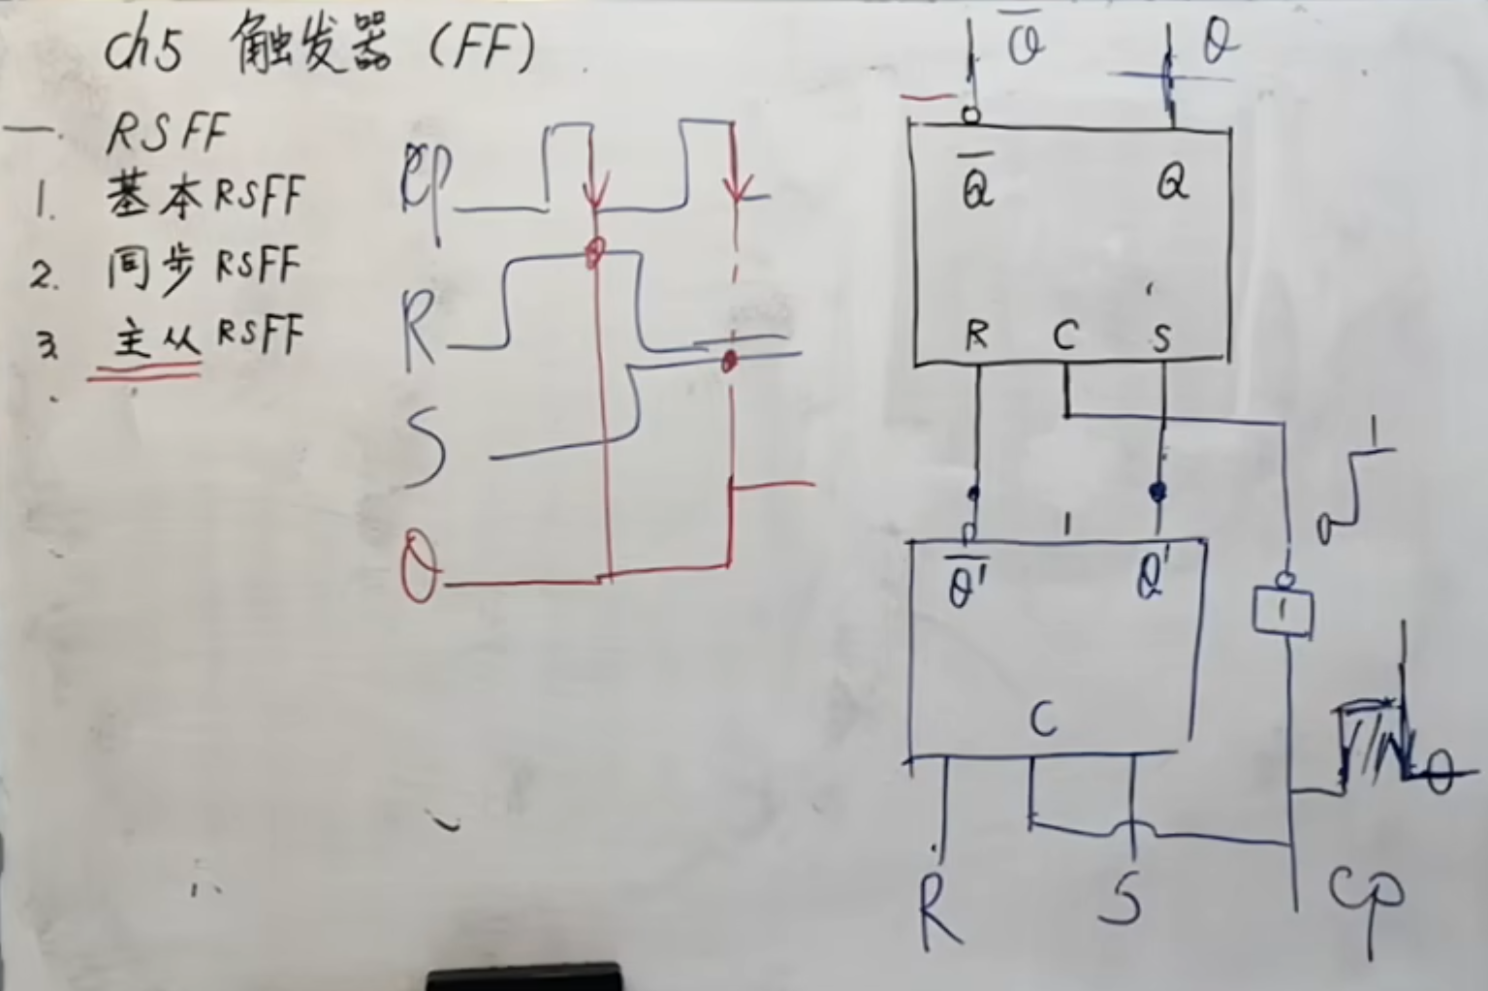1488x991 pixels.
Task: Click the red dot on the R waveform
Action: pyautogui.click(x=593, y=254)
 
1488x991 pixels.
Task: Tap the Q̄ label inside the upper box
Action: pyautogui.click(x=976, y=184)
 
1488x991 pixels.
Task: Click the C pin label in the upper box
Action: pyautogui.click(x=1064, y=336)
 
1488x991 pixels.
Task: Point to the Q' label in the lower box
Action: pyautogui.click(x=1153, y=579)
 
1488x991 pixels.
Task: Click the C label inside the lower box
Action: pyautogui.click(x=1043, y=719)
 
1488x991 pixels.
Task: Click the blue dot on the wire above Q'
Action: pyautogui.click(x=1156, y=493)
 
